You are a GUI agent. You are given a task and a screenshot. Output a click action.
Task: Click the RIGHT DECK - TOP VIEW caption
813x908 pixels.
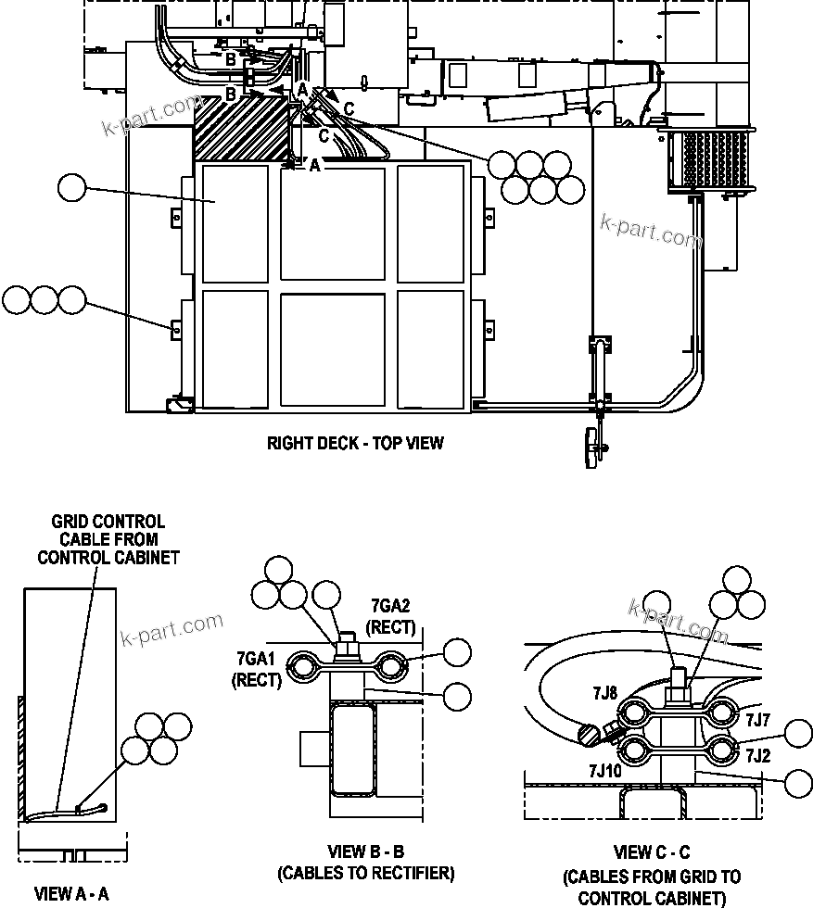tap(355, 443)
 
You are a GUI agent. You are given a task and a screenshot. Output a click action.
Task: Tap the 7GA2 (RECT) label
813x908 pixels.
tap(390, 616)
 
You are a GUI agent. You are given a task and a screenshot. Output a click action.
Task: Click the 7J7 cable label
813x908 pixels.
tap(757, 718)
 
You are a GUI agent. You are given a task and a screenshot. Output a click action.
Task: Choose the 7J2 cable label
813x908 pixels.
tap(757, 754)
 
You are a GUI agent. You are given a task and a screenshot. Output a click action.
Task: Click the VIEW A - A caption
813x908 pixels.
tap(71, 894)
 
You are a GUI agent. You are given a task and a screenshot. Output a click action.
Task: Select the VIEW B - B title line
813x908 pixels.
tap(366, 851)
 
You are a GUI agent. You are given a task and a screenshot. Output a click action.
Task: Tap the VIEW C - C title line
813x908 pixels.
tap(652, 852)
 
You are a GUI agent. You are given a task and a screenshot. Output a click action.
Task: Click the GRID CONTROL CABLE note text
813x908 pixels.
tap(108, 539)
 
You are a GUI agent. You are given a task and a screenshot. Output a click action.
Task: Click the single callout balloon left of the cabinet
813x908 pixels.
tap(71, 188)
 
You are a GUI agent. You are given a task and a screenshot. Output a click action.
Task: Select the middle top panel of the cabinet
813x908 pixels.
tap(332, 225)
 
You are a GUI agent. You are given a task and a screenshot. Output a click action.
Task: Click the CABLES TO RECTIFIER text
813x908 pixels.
tap(366, 873)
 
